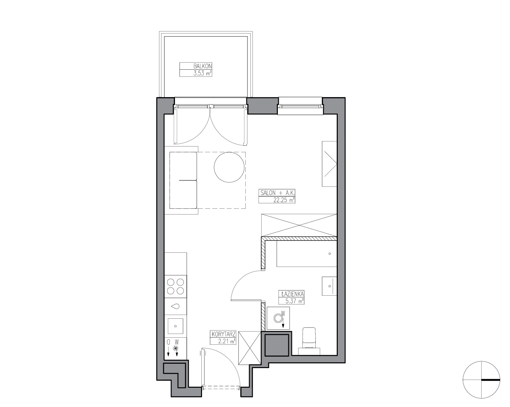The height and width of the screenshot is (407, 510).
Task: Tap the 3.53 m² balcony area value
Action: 202,73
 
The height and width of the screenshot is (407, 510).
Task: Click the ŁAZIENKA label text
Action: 292,294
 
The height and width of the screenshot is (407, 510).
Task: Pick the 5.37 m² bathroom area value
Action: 294,301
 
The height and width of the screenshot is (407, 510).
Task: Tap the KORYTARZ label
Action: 223,334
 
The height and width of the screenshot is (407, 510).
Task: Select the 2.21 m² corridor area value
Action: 226,341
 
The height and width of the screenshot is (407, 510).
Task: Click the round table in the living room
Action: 229,167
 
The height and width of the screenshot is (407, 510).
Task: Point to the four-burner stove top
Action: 175,286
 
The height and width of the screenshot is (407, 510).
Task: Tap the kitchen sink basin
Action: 175,326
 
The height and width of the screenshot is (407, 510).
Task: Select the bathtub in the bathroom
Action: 307,254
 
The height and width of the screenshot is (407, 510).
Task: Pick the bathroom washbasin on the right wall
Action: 329,286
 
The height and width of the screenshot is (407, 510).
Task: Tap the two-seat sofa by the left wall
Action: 183,180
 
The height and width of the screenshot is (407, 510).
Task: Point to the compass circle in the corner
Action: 481,380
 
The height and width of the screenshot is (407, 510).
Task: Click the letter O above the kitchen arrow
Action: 168,342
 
